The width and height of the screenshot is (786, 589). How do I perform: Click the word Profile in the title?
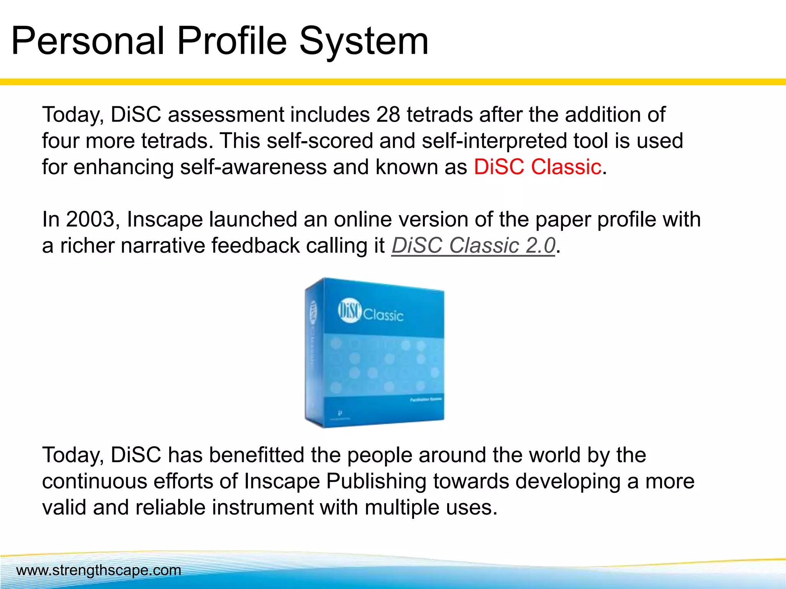[232, 41]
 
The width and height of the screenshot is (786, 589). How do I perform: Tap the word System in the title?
[363, 41]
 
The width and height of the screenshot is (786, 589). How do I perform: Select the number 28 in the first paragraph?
[388, 115]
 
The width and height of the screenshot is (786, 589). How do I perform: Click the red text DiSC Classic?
[537, 167]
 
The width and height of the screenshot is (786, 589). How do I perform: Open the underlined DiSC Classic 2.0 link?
[473, 245]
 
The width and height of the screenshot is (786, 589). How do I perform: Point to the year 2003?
[91, 219]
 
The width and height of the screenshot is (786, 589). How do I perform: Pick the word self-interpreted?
[495, 141]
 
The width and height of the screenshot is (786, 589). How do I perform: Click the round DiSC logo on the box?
[349, 311]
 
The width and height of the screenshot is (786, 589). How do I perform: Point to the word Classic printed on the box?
[383, 316]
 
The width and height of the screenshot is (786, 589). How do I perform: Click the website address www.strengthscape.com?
[99, 570]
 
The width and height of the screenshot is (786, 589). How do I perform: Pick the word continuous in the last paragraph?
[94, 481]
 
